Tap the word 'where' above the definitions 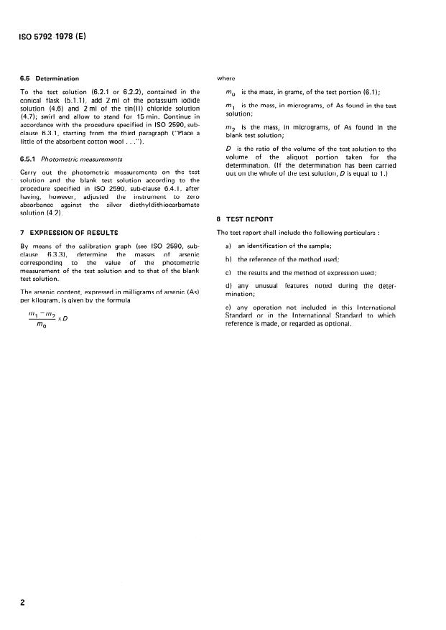[226, 78]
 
